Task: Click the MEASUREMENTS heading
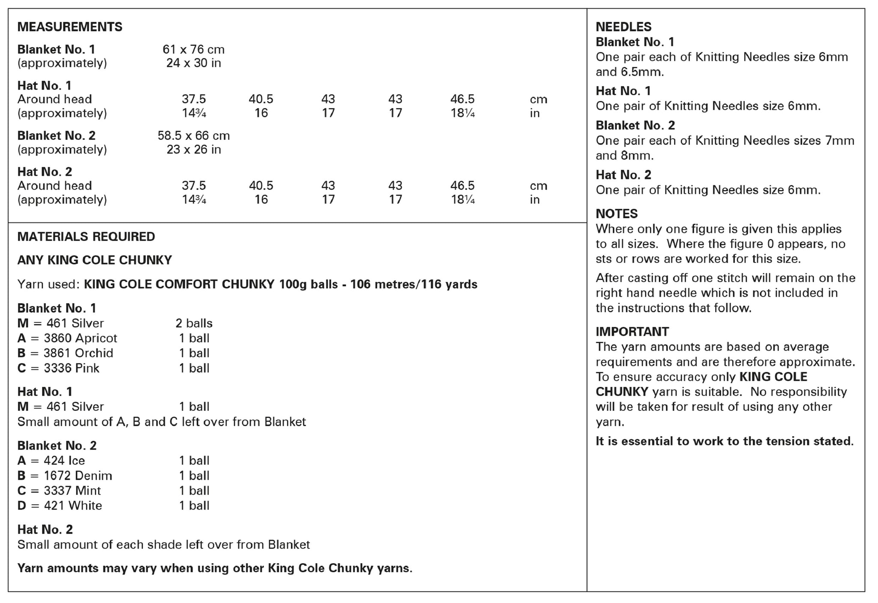[x=70, y=27]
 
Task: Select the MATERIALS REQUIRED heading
[x=86, y=237]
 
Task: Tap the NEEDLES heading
[x=623, y=27]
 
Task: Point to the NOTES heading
[x=616, y=214]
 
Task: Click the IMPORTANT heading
[x=632, y=332]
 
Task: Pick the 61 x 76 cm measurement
[x=193, y=49]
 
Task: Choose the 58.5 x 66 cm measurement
[x=193, y=136]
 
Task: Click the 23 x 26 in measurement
[x=193, y=150]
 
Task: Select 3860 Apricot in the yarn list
[x=80, y=338]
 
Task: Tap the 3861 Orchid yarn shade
[x=78, y=353]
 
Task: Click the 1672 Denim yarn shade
[x=78, y=476]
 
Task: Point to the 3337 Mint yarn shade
[x=72, y=491]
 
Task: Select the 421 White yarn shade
[x=73, y=506]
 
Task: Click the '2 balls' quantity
[x=194, y=323]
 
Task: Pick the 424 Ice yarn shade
[x=64, y=461]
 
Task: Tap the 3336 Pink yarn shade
[x=72, y=368]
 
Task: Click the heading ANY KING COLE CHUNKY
[x=94, y=260]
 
